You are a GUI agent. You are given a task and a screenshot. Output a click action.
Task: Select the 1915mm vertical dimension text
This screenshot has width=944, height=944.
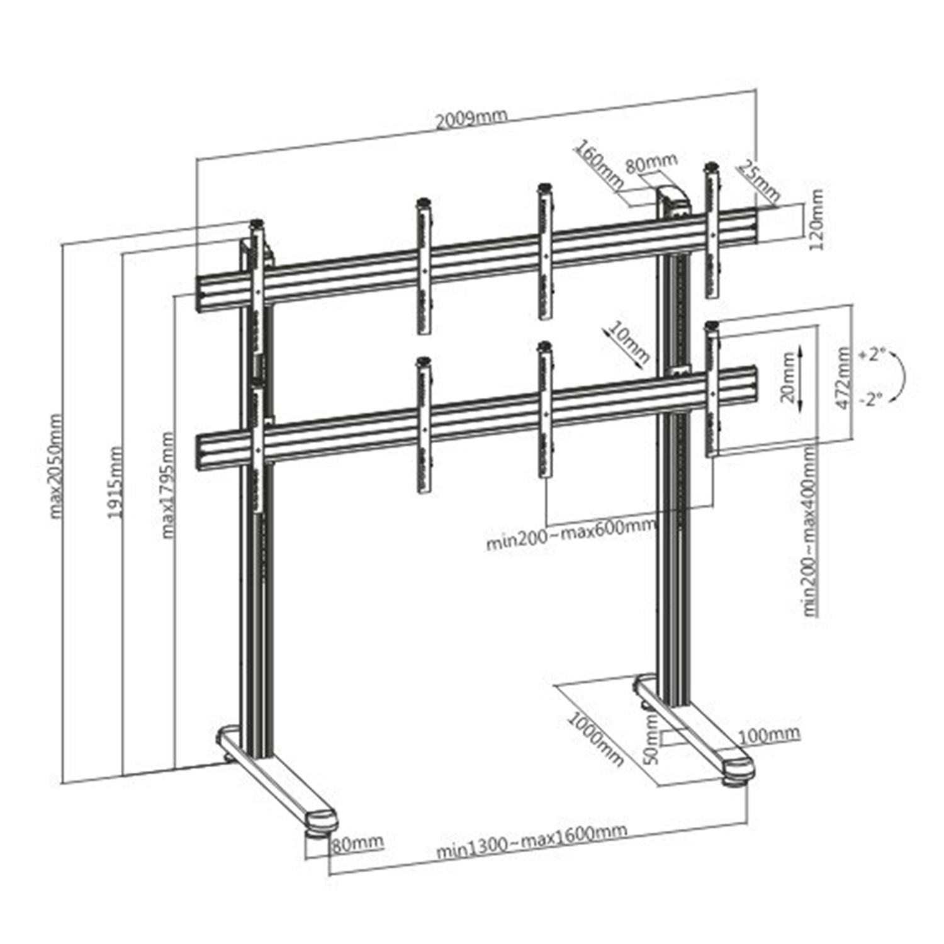coord(115,481)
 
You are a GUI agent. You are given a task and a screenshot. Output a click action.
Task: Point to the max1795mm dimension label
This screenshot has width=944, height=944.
coord(167,485)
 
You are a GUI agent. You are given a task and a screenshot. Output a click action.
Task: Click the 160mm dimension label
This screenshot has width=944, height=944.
coord(598,163)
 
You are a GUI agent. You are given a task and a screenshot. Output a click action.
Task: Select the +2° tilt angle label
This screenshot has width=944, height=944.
coord(872,354)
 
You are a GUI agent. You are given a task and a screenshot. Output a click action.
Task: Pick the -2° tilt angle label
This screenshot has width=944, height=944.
coord(870,399)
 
